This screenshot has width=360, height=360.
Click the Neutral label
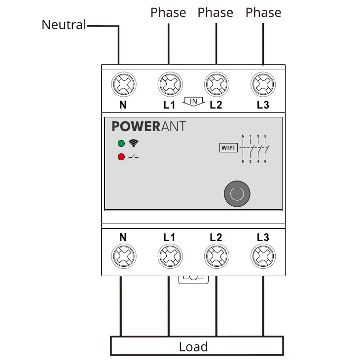coord(64,25)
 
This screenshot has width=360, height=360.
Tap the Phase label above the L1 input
coord(169,12)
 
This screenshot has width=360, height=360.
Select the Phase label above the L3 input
coord(263,12)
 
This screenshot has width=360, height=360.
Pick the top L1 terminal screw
coord(169,84)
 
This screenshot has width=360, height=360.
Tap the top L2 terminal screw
coord(216,84)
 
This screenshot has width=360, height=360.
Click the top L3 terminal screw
coord(262,84)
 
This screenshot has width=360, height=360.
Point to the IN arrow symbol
coord(193,102)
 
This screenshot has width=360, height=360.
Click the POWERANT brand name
coord(149,126)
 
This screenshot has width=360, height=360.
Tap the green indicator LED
coord(121,144)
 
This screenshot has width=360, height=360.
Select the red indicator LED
coord(121,157)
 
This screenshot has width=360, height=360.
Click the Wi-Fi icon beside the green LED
coord(133,144)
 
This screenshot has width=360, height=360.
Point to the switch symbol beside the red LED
coord(133,157)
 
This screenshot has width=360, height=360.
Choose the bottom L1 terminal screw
coord(169,256)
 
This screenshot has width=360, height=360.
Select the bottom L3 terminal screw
coord(262,256)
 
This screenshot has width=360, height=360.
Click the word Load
coord(193,347)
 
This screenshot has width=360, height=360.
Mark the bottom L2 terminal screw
coord(216,256)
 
